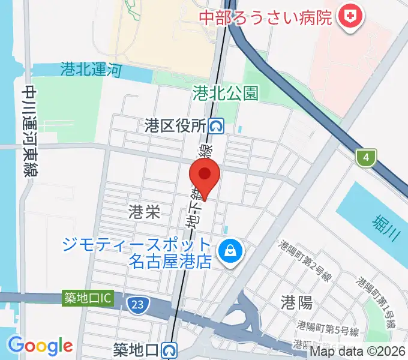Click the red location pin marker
point(205,176)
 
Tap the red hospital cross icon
point(349,17)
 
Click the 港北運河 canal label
point(91,70)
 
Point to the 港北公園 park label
point(226,92)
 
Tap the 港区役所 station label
point(175,125)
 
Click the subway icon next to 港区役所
point(217,125)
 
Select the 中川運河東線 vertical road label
point(29,131)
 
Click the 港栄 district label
point(145,211)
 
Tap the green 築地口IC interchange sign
point(88,297)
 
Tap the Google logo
point(40,346)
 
